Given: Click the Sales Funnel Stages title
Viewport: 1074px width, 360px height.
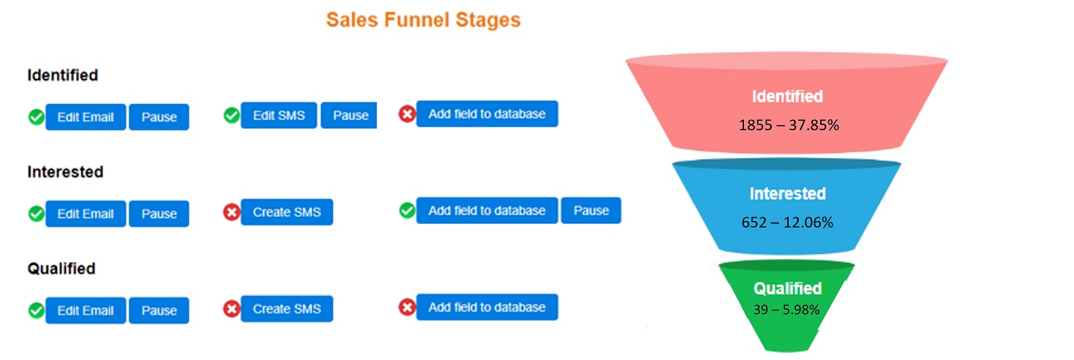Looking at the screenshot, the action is point(424,20).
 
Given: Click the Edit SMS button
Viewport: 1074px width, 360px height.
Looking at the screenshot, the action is point(279,115).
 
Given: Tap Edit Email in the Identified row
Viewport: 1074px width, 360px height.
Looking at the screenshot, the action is point(86,117).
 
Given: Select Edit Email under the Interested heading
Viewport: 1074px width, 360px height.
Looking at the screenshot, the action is point(86,214).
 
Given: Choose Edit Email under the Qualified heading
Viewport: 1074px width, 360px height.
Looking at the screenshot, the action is point(86,310).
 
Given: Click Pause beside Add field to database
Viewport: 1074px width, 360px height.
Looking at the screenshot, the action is point(591,211).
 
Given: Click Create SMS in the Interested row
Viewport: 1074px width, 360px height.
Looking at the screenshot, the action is point(287,212).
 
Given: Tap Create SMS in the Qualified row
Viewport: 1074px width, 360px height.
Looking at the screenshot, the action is point(287,309).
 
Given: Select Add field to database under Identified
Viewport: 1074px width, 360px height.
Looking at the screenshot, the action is point(487,113).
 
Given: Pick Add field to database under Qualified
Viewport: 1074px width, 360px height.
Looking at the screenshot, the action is point(487,307).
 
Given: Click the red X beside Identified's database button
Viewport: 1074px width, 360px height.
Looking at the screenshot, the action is point(407,114).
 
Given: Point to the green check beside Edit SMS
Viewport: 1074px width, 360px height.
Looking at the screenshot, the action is point(232,115).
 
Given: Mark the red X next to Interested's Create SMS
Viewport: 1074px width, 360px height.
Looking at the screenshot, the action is point(232,212).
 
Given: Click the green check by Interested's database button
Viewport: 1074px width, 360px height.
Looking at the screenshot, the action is point(407,211).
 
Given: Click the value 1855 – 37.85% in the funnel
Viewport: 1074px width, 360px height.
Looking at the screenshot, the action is point(789,125).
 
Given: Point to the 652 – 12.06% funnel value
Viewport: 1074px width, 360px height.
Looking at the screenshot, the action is point(787,222).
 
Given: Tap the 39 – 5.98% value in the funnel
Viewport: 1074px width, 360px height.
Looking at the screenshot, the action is point(786,310).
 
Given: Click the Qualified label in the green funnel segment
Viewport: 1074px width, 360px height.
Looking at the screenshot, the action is point(788,288).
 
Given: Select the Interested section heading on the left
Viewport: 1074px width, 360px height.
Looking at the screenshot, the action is point(65,172).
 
